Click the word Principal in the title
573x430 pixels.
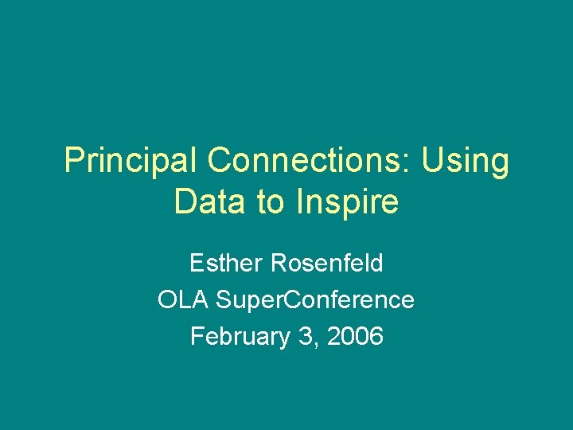coord(131,161)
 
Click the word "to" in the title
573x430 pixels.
coord(270,202)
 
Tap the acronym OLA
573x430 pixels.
coord(183,299)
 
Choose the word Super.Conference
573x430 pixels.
coord(315,300)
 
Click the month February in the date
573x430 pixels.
coord(240,337)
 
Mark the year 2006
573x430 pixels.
coord(355,336)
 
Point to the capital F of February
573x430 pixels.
coord(197,336)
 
